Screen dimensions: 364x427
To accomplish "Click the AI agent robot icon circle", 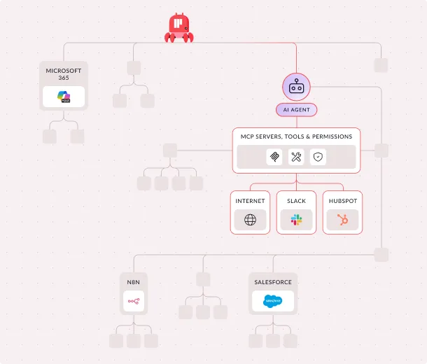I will click(x=296, y=87).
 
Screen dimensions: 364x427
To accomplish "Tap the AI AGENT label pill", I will click(x=296, y=110).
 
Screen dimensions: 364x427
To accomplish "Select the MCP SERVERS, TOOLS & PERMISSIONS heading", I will click(x=296, y=136).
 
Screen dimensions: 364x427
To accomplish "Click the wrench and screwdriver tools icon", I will click(x=296, y=157).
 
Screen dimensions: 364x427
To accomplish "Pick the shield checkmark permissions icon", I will click(x=318, y=157).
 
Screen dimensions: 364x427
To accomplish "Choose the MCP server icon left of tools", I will click(x=274, y=157).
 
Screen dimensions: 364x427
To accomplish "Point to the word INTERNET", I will click(x=250, y=201).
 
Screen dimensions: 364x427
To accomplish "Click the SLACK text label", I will click(x=296, y=201).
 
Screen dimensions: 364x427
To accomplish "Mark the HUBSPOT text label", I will click(x=342, y=201).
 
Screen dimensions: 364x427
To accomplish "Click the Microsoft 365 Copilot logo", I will click(x=64, y=97).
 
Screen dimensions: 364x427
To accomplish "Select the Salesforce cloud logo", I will click(x=272, y=302).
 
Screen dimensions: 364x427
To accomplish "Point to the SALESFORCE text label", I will click(x=272, y=282).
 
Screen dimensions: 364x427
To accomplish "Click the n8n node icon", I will click(x=133, y=302).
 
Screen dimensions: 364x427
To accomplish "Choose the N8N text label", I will click(x=133, y=282).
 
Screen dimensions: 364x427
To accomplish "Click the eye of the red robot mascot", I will click(x=186, y=27).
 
